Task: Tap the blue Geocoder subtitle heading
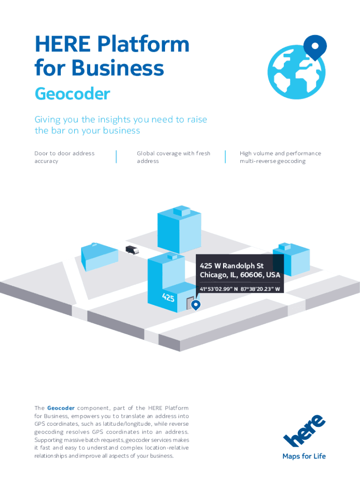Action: point(72,94)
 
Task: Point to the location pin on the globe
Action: point(315,48)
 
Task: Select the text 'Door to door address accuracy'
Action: point(64,157)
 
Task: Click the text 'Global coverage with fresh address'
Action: point(173,157)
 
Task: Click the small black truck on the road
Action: point(132,250)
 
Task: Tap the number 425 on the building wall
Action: point(169,297)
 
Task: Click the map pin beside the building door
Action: point(196,305)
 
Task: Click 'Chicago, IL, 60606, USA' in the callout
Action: point(240,275)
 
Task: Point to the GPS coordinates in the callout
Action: point(240,289)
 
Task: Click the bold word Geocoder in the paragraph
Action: point(61,408)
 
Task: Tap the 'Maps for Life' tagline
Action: point(304,456)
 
